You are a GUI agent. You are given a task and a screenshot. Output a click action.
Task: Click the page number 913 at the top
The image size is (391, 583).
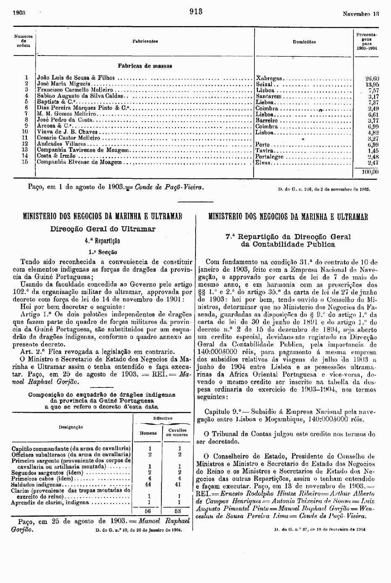click(196, 12)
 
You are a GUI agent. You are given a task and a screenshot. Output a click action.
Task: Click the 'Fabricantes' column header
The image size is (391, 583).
click(145, 42)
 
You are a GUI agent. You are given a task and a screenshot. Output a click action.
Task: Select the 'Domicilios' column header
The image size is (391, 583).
click(304, 42)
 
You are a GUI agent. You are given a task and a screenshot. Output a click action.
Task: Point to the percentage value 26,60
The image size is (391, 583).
click(373, 78)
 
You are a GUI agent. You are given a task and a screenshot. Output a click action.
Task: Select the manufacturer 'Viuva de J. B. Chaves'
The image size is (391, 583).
click(67, 132)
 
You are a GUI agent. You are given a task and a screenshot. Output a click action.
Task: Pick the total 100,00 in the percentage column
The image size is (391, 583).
click(370, 172)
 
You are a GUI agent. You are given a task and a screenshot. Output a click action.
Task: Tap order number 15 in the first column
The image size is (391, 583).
click(25, 162)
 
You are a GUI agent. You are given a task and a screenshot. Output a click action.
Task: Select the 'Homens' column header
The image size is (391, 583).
click(148, 433)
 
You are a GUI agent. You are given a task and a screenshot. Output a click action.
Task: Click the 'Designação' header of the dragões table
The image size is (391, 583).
click(71, 427)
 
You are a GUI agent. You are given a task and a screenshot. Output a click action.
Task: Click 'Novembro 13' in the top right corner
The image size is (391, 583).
click(361, 13)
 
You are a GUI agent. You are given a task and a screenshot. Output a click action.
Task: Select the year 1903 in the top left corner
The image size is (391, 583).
click(19, 13)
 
